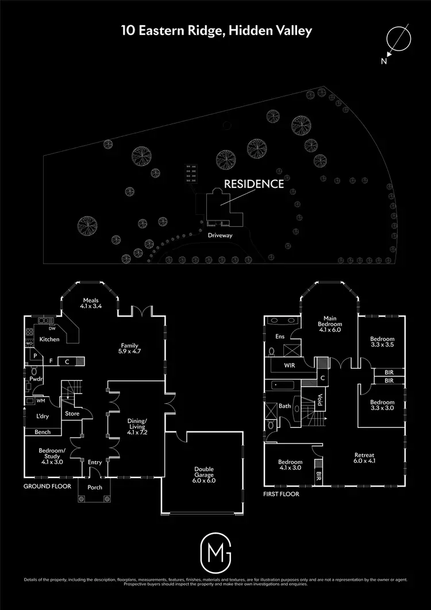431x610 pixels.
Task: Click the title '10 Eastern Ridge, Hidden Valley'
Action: (x=216, y=30)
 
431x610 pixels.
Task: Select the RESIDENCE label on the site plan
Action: (x=253, y=184)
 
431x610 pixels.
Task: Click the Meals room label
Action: (x=92, y=303)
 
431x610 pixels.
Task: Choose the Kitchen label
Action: (x=49, y=339)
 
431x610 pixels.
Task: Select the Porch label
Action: (x=95, y=488)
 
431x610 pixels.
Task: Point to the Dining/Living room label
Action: (x=137, y=424)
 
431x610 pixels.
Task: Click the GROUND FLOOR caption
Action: (x=47, y=486)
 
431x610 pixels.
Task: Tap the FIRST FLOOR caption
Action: (x=282, y=493)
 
